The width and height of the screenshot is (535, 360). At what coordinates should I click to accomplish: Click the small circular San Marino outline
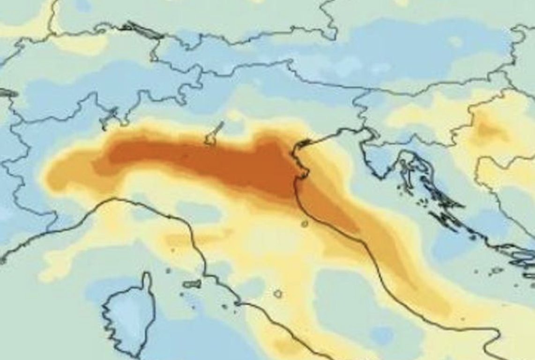[x=305, y=224]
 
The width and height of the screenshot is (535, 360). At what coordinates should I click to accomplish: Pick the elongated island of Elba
[x=192, y=284]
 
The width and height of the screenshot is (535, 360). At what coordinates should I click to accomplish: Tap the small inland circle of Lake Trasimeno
[x=278, y=294]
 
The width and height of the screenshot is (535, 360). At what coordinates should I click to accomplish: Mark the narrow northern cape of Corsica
[x=147, y=281]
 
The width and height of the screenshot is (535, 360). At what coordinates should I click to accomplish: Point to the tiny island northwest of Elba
[x=168, y=270]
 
